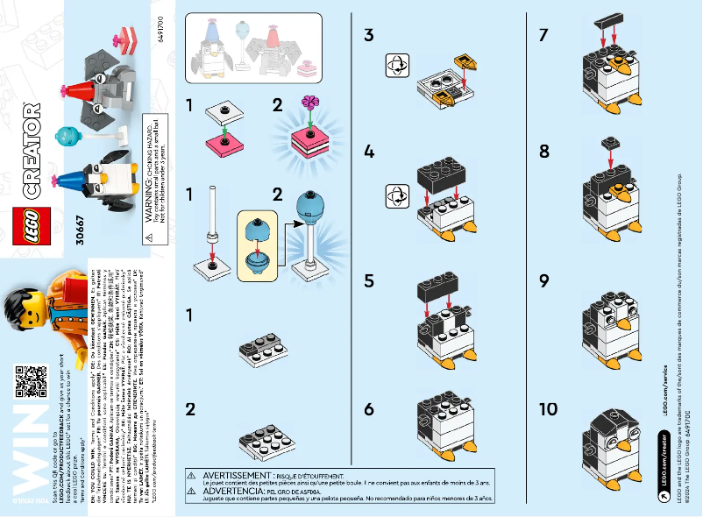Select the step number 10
(x=549, y=408)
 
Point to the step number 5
(x=369, y=281)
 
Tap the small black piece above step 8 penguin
(x=610, y=143)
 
